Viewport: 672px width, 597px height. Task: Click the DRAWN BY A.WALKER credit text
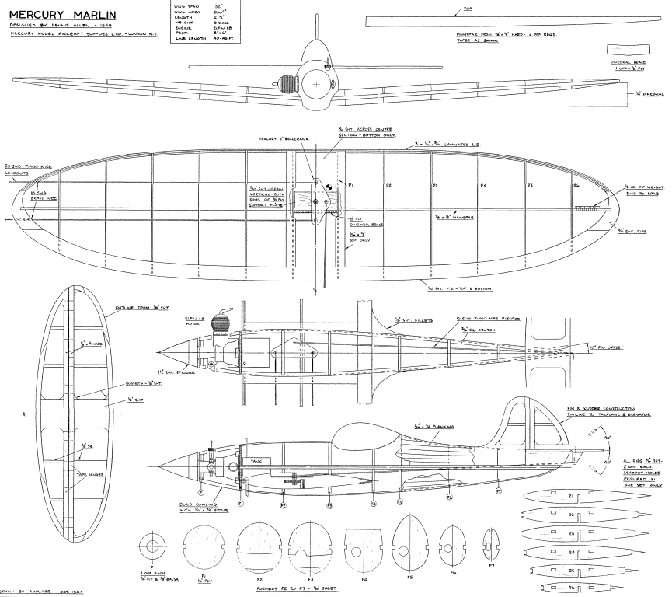click(x=43, y=592)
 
